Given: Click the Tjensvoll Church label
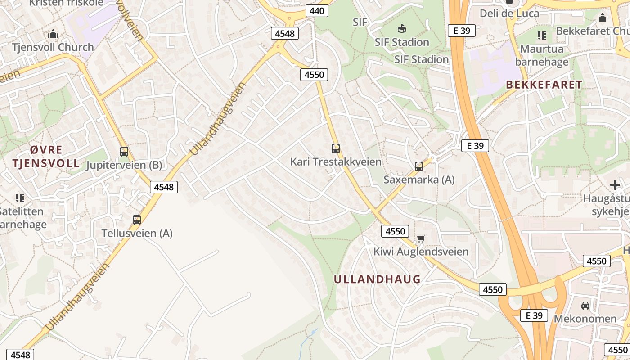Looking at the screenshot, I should (x=53, y=47).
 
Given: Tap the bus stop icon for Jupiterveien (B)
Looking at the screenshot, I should (x=124, y=152).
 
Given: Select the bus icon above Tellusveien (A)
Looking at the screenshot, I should (x=137, y=220).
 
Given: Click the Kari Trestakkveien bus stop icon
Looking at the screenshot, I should (x=336, y=148).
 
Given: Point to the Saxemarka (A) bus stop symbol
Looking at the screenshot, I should (x=419, y=166).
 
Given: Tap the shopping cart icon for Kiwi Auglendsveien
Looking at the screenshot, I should (x=421, y=238).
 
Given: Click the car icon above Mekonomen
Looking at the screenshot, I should (x=585, y=305).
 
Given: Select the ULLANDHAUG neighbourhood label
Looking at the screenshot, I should (x=377, y=279).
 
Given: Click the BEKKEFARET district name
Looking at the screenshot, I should (x=544, y=85).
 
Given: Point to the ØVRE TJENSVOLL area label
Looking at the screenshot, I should (x=46, y=156).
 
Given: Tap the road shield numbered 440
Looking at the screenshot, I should (x=317, y=11).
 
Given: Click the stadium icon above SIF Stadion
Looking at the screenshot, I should (x=402, y=29).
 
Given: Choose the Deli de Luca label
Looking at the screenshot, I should (x=509, y=13).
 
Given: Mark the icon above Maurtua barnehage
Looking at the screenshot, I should (x=542, y=35).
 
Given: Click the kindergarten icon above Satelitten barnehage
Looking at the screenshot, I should (x=20, y=198).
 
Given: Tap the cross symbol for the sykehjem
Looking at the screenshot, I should (x=615, y=184).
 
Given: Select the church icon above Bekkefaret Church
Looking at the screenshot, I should (x=603, y=18).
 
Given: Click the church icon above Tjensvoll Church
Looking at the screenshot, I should (x=53, y=34).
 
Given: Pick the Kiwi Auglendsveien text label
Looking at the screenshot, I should (x=421, y=252).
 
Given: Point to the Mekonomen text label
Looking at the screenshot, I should (x=585, y=319).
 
